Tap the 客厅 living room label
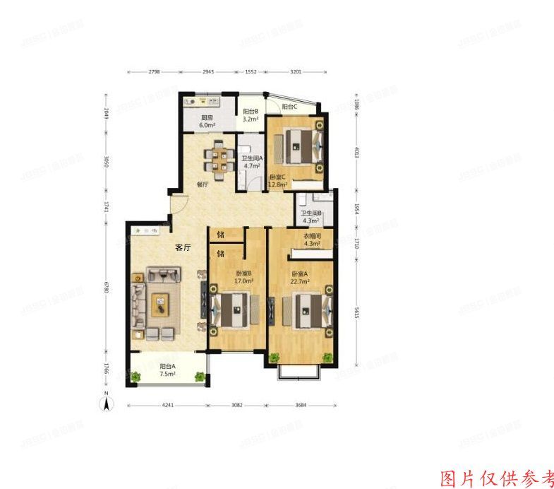click(184, 247)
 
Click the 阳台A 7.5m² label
click(168, 370)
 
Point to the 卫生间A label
click(252, 163)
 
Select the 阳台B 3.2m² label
click(251, 115)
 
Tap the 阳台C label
click(289, 107)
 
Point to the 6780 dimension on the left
click(107, 288)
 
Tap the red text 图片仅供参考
click(497, 478)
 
